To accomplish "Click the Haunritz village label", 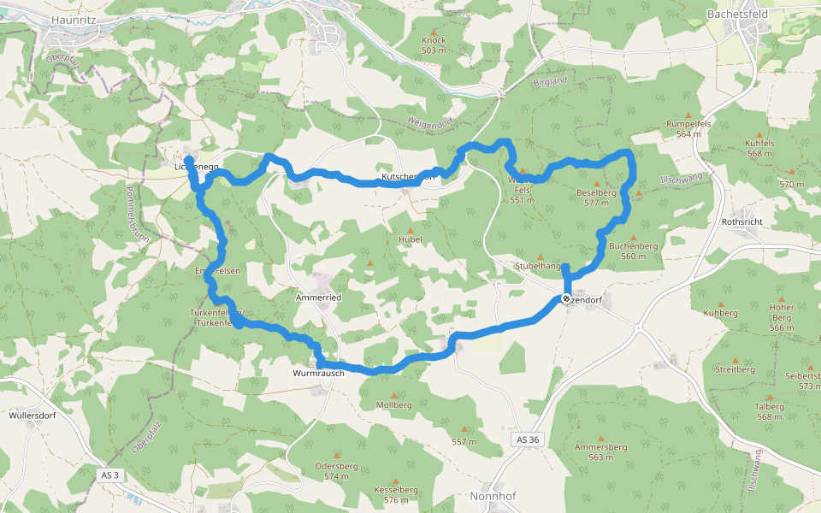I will (x=74, y=18).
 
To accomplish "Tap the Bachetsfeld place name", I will (x=737, y=15).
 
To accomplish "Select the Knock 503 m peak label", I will (x=434, y=45).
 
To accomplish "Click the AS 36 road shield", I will (x=528, y=439).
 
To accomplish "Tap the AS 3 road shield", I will (x=110, y=475).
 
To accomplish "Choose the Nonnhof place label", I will (x=493, y=496).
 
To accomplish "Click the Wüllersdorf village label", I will (x=33, y=416).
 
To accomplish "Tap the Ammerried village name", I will (x=318, y=297).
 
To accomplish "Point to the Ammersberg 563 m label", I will (x=601, y=451).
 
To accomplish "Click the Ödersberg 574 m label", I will (x=336, y=471).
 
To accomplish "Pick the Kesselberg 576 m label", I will (x=395, y=494).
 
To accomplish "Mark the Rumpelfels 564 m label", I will (x=688, y=128).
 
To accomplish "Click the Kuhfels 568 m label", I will (x=765, y=148).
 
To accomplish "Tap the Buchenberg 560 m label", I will (x=633, y=251).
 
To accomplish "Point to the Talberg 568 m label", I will (x=769, y=411).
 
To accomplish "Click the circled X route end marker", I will (x=565, y=298).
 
